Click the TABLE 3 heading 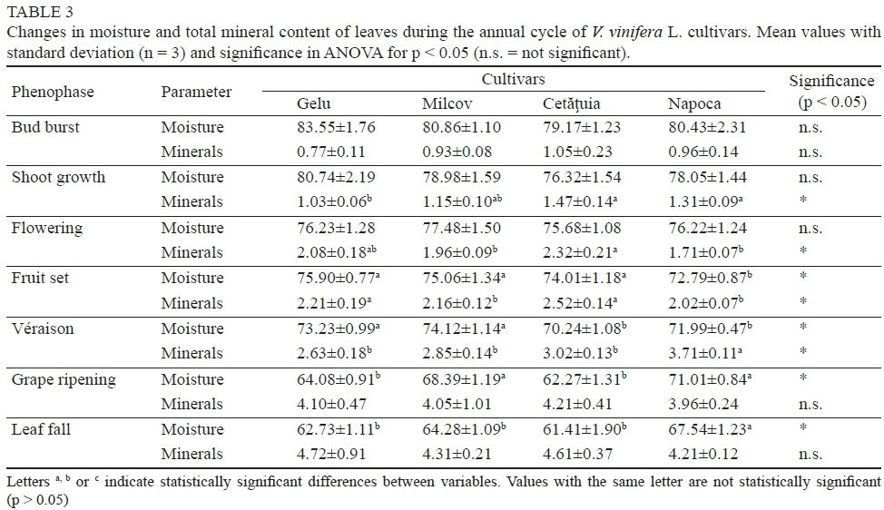[38, 13]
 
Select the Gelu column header [314, 103]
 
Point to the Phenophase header [53, 92]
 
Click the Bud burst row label [45, 127]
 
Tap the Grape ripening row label [64, 379]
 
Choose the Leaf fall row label [40, 429]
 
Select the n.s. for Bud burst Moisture [810, 128]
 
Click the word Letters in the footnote [25, 481]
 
